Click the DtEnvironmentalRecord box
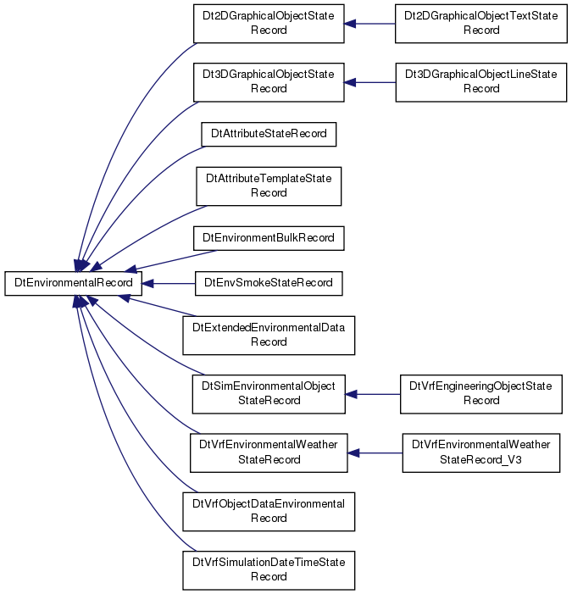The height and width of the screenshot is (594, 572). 73,283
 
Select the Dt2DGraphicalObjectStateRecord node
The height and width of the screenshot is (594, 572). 269,24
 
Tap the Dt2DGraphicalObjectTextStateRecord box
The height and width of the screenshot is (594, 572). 480,24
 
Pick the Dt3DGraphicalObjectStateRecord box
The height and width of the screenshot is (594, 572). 269,82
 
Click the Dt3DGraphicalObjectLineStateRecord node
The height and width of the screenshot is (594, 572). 481,82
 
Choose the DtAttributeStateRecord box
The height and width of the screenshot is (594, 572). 269,134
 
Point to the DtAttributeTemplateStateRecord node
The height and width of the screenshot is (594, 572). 269,186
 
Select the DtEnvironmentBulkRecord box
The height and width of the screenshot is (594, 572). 269,238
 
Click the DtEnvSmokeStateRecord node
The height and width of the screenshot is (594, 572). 269,283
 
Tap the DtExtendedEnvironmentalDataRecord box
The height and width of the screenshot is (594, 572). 269,336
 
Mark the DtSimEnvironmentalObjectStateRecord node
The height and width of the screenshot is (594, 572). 269,394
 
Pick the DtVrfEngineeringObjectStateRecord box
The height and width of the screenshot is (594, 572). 481,394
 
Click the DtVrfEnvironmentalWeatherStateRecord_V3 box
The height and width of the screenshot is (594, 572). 481,452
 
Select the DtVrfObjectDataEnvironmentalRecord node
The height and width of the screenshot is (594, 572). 269,512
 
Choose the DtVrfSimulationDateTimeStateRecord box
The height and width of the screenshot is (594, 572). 269,570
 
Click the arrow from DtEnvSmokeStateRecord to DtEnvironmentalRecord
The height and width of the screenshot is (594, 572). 169,283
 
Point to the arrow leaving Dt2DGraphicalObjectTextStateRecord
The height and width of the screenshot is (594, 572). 369,24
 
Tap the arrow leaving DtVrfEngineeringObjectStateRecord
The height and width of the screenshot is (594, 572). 373,394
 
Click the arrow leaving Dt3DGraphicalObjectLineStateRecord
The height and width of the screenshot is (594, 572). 370,82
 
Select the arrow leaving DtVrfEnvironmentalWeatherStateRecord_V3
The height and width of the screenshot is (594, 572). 375,453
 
